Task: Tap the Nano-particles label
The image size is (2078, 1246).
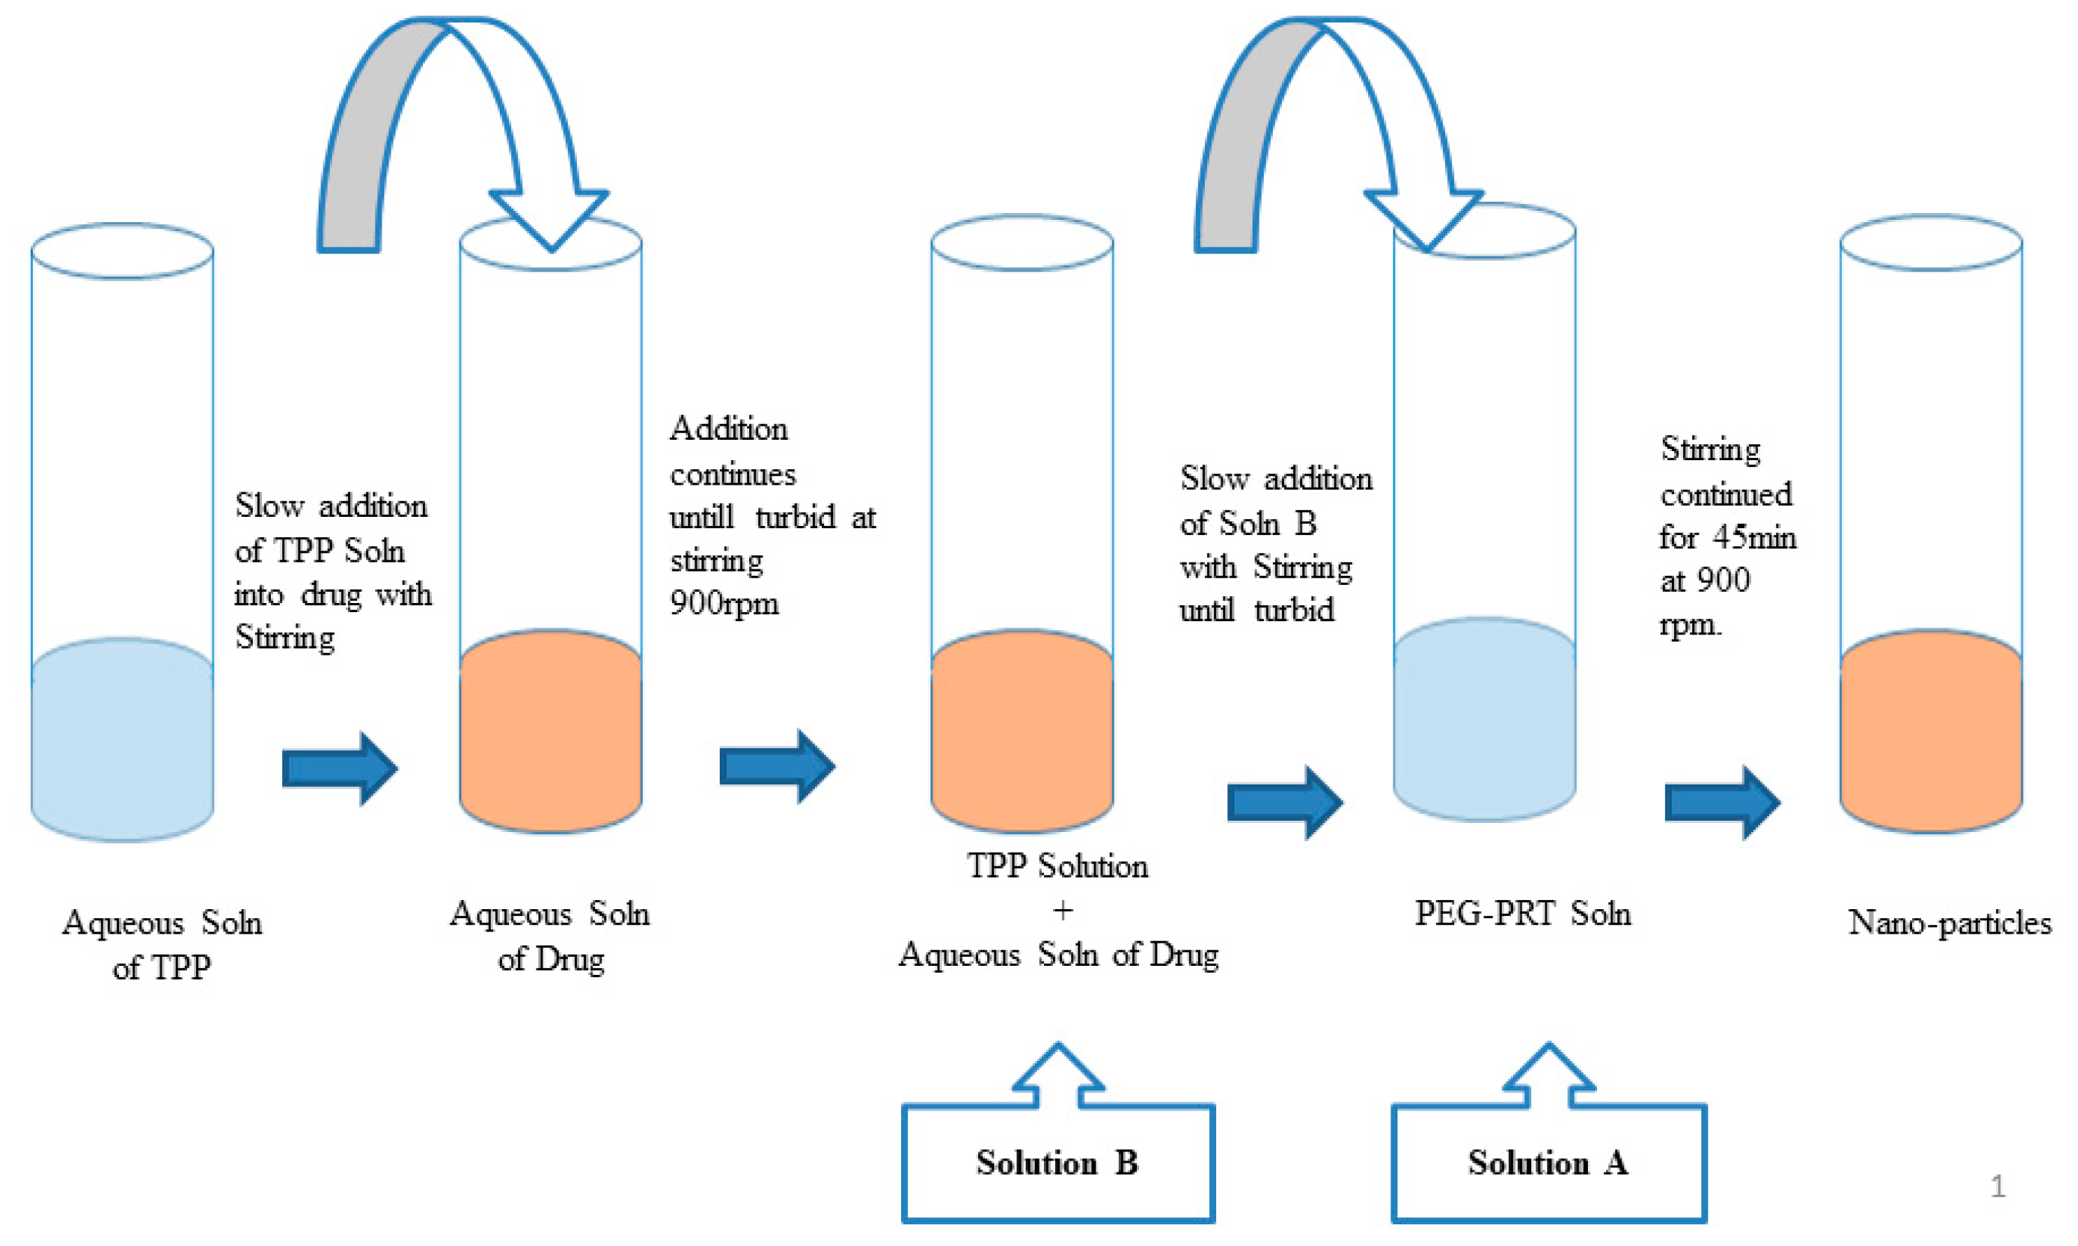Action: [1948, 922]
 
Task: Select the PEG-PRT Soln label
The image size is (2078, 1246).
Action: [1522, 913]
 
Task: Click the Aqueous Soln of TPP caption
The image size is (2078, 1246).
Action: [162, 945]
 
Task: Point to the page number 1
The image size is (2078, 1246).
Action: [1998, 1186]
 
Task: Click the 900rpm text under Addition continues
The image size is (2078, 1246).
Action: [724, 604]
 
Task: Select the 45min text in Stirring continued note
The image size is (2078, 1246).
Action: [1754, 537]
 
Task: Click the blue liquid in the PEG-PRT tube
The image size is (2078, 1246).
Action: [1484, 722]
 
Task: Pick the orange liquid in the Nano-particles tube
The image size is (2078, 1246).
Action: [1930, 735]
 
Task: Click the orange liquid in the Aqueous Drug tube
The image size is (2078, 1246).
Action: [550, 735]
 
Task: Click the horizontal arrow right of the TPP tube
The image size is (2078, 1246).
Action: [339, 768]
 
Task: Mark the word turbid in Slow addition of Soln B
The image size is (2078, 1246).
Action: [1294, 611]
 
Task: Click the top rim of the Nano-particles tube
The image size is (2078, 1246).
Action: [1930, 242]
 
